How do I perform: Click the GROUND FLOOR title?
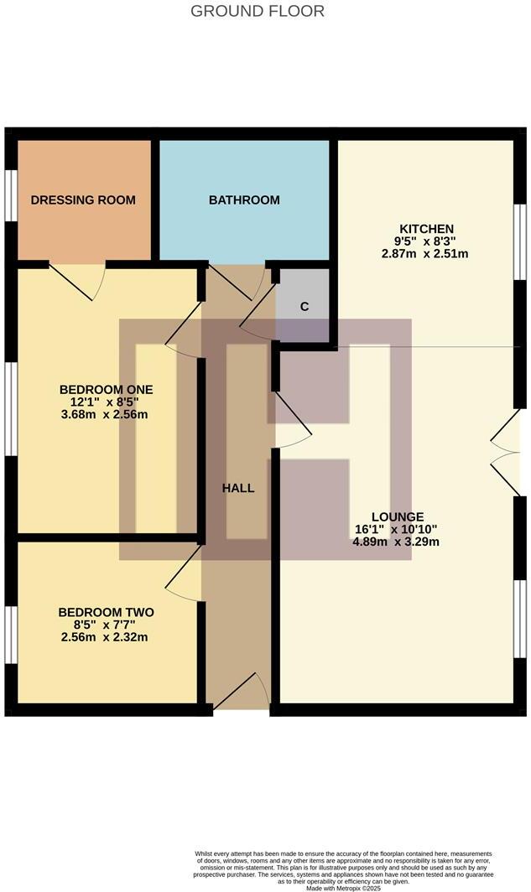coord(258,11)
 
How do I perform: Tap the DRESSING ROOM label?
coord(83,200)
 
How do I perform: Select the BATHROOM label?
coord(244,200)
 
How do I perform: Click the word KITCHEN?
coord(426,229)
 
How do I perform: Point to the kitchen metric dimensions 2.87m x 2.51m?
coord(426,253)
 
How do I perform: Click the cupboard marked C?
coord(305,306)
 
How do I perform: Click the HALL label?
coord(238,488)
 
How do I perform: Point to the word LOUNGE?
coord(398,516)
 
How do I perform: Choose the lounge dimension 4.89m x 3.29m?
coord(398,542)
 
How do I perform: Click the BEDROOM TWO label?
coord(106,612)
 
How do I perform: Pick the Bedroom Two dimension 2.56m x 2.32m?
coord(106,637)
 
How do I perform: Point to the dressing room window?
coord(11,196)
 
